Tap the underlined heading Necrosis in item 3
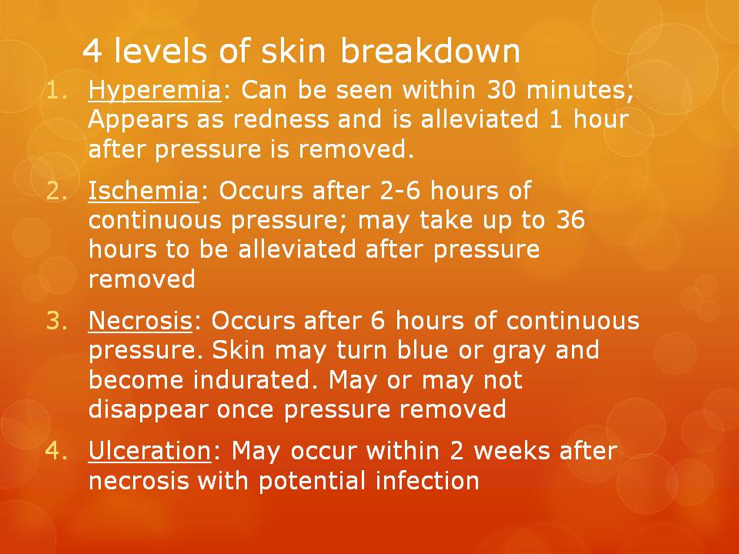(139, 321)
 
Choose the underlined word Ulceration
(149, 452)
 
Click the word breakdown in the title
(430, 52)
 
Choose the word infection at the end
(427, 482)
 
